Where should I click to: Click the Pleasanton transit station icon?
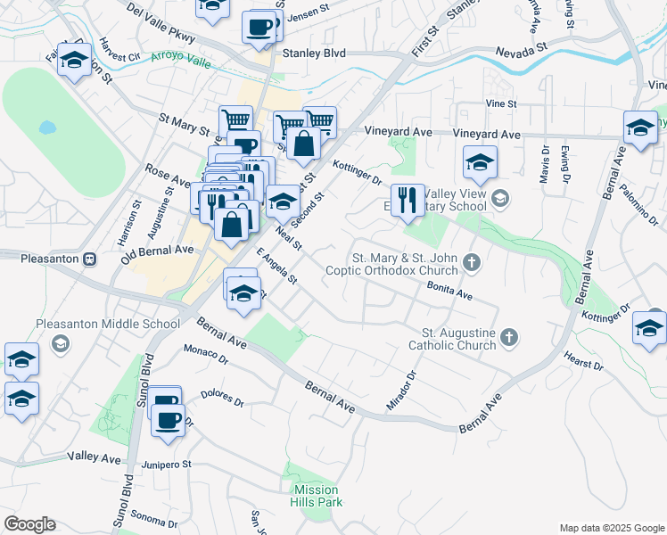pyautogui.click(x=89, y=259)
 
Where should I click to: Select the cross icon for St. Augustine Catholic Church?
pyautogui.click(x=508, y=337)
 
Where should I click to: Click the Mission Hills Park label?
pyautogui.click(x=316, y=495)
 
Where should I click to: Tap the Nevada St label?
pyautogui.click(x=521, y=52)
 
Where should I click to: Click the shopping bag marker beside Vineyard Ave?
pyautogui.click(x=303, y=143)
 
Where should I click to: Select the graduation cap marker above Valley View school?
pyautogui.click(x=480, y=163)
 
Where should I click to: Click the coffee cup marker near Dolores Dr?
pyautogui.click(x=167, y=418)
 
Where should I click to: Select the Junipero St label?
pyautogui.click(x=169, y=464)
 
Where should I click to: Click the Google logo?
pyautogui.click(x=29, y=524)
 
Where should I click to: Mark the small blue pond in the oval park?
pyautogui.click(x=46, y=127)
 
